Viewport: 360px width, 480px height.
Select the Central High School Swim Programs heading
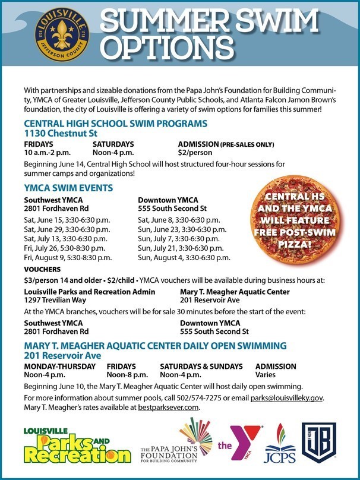tap(115, 124)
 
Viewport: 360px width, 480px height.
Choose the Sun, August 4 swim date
tap(184, 258)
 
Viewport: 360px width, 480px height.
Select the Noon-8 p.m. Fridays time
tap(127, 375)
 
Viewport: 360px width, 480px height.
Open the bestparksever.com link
tap(168, 408)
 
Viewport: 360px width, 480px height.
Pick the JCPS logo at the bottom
tap(279, 446)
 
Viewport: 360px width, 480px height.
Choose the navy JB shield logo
tap(319, 443)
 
